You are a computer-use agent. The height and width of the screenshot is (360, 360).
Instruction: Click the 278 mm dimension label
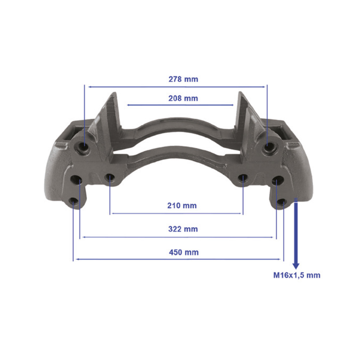click(x=183, y=79)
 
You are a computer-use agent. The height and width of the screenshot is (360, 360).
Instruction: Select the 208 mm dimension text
click(x=183, y=98)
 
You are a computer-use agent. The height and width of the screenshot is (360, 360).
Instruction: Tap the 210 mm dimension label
click(x=182, y=206)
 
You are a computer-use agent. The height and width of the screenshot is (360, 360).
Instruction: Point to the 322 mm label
click(x=183, y=229)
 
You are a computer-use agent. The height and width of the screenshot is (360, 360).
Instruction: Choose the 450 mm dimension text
click(x=184, y=252)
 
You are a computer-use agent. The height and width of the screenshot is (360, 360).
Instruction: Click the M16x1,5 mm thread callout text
click(x=297, y=275)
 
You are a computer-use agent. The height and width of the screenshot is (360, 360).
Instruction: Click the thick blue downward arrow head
click(x=296, y=266)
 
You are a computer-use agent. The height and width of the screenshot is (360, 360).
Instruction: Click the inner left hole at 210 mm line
click(x=109, y=177)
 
